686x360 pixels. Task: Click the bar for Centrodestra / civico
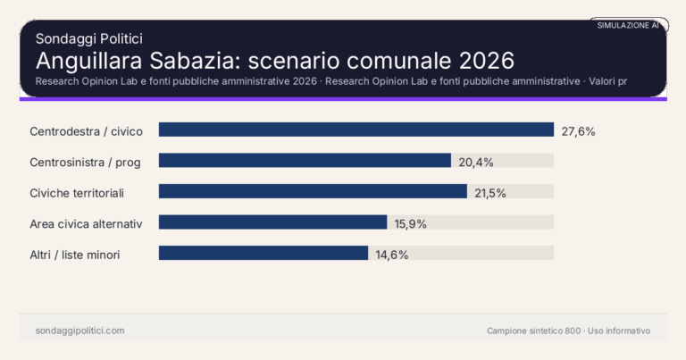point(356,130)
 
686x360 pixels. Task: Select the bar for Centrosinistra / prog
point(305,161)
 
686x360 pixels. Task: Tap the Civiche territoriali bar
point(313,191)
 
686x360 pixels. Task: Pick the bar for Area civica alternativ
point(272,222)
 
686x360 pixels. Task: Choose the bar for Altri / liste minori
point(264,253)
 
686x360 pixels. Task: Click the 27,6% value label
point(578,130)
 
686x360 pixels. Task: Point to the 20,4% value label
point(476,162)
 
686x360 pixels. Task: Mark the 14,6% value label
point(391,255)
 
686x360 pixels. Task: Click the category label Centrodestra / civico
point(86,131)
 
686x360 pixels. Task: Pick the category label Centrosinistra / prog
point(91,162)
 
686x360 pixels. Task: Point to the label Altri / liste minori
point(74,255)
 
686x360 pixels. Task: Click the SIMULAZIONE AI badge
point(628,26)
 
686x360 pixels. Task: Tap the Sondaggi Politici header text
point(88,38)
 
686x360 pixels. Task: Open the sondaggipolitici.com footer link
point(79,331)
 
